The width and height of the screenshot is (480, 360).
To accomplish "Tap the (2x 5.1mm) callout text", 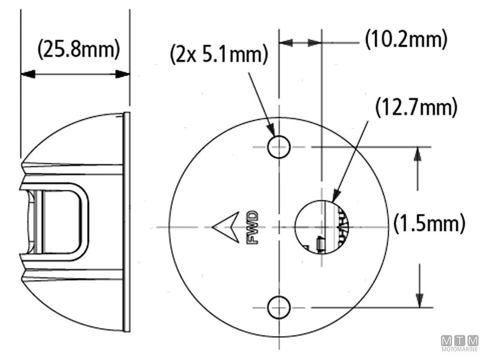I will [x=218, y=55].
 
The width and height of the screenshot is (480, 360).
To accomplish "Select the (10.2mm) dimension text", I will [x=406, y=40].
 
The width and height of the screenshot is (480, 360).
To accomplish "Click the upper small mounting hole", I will [x=279, y=146].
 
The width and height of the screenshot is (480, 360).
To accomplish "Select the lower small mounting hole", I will [x=279, y=307].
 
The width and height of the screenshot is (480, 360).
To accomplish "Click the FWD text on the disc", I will [x=252, y=227].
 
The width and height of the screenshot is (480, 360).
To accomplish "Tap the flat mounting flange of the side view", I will [x=126, y=222].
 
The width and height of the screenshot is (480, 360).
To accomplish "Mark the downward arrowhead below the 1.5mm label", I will [x=418, y=301].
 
